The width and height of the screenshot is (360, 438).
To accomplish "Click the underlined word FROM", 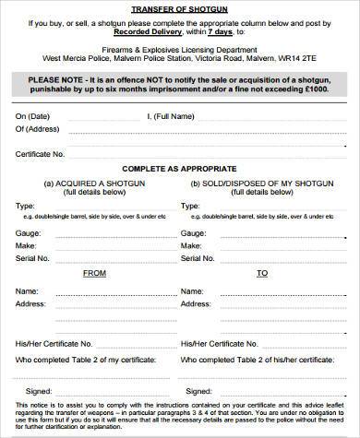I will coord(95,273).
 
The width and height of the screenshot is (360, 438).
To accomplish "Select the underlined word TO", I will coord(261,273).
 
